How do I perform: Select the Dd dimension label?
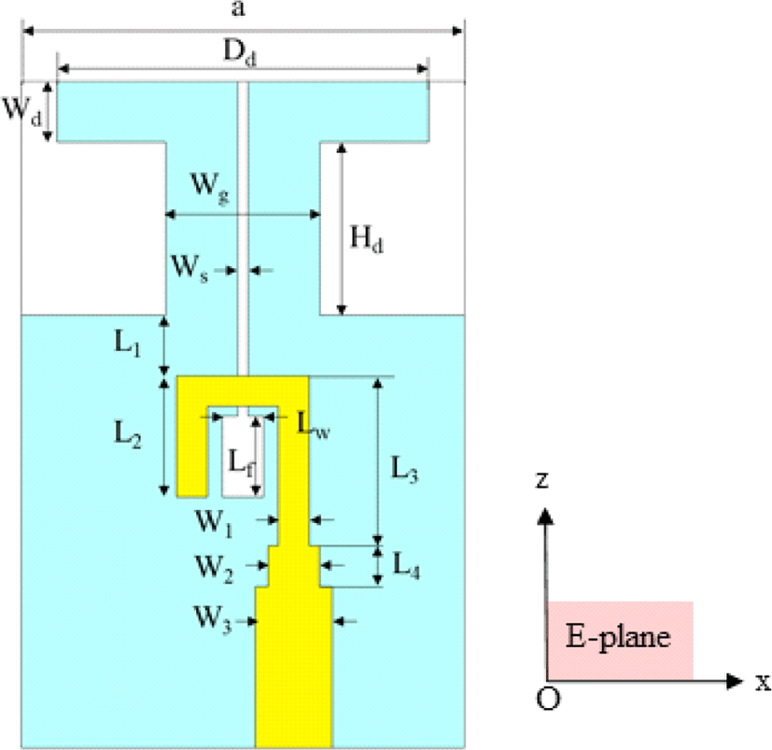(x=240, y=52)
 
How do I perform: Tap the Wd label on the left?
(x=22, y=111)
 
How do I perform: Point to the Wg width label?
(x=210, y=188)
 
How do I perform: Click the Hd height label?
(x=366, y=240)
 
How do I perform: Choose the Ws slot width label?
(x=190, y=269)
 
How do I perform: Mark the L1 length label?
(x=128, y=343)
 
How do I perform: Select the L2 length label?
(x=128, y=434)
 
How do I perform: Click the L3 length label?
(x=404, y=469)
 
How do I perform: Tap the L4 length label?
(x=406, y=565)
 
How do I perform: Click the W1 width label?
(x=214, y=523)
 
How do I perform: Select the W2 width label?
(x=214, y=569)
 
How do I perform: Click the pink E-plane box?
(x=621, y=641)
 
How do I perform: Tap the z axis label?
(x=541, y=479)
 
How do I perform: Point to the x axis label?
(x=764, y=682)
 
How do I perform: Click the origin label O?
(x=548, y=699)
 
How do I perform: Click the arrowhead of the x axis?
(x=735, y=681)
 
